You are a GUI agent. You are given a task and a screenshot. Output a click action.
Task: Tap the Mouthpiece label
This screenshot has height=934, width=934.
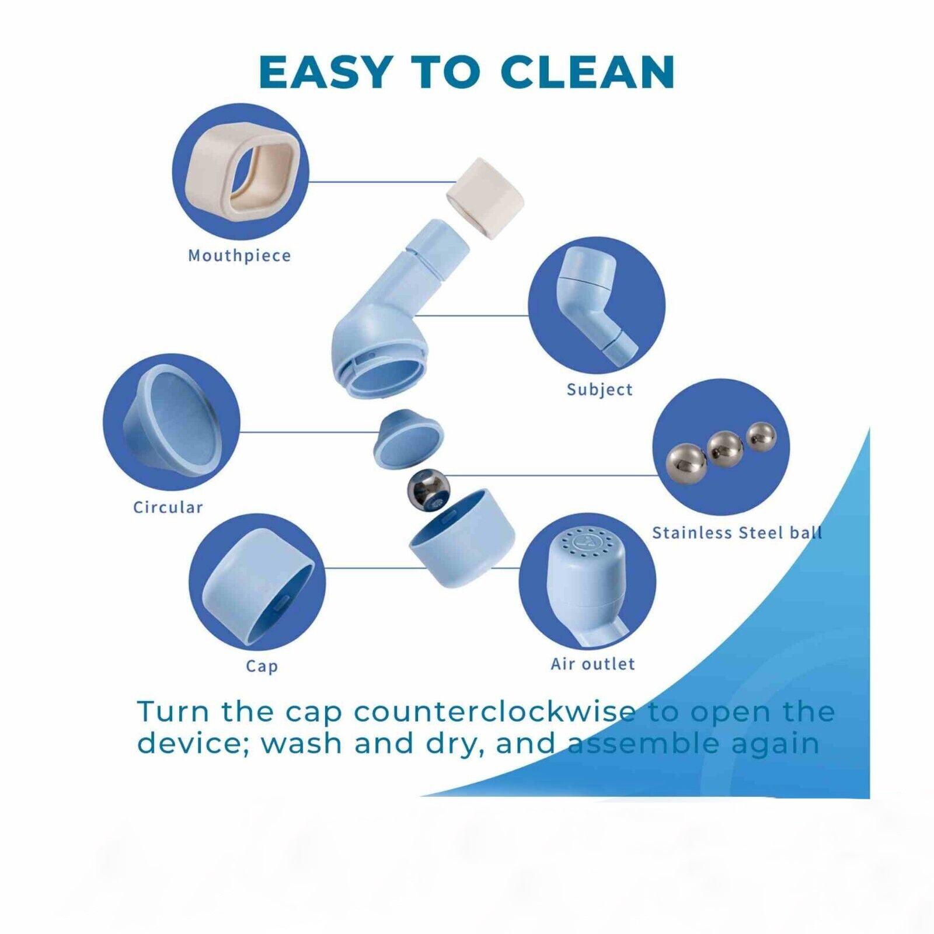coord(239,256)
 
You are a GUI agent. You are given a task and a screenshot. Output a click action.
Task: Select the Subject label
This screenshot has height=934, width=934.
coord(600,389)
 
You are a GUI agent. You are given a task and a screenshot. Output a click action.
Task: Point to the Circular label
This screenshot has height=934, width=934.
coord(168,507)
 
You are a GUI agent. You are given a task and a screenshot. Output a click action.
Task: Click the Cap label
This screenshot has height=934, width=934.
coord(262,666)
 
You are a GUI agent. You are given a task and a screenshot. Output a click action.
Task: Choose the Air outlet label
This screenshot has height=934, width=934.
coord(593,664)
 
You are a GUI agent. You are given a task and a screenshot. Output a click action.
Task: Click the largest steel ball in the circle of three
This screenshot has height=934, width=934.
coord(686,463)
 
